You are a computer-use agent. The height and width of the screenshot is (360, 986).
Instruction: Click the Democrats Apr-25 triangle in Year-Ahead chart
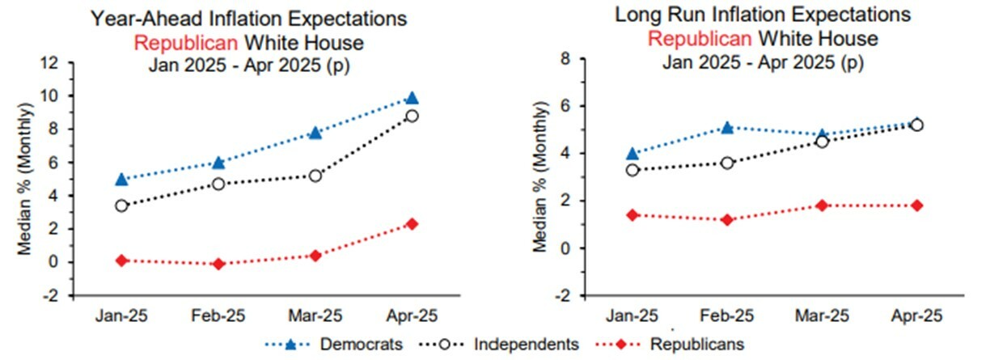412,99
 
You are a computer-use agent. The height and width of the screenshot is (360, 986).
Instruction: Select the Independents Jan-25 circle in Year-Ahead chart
121,205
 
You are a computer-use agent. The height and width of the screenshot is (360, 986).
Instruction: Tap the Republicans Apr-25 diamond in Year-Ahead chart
412,224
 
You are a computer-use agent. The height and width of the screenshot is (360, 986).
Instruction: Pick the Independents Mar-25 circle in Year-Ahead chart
315,176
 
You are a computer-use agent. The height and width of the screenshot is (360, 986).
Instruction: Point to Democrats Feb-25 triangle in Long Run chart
726,128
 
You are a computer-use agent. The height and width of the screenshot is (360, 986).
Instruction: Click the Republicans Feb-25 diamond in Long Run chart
726,220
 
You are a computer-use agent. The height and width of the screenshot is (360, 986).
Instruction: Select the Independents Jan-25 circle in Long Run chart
632,170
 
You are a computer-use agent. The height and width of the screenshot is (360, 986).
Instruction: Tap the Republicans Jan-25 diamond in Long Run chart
632,215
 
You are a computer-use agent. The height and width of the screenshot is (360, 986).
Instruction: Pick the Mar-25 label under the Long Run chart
822,316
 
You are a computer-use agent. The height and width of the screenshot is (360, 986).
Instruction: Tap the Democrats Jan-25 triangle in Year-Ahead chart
121,179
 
